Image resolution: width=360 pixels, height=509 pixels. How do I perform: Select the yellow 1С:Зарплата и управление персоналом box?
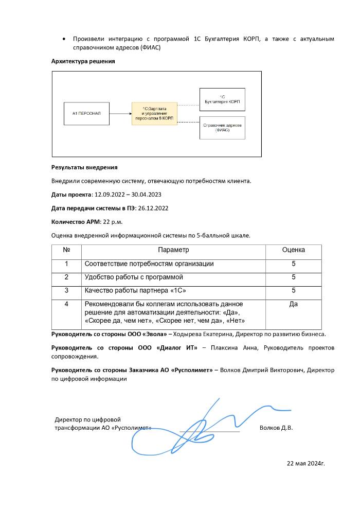[154, 114]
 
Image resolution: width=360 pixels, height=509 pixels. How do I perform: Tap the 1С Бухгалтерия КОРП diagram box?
[222, 99]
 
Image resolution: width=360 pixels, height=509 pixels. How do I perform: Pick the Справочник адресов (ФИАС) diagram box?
[222, 128]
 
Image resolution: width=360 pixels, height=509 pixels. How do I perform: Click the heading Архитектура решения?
[83, 61]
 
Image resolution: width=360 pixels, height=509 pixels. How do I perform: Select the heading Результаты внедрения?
[84, 167]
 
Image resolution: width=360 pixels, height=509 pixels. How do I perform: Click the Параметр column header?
[173, 250]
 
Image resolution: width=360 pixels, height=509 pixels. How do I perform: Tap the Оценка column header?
[293, 250]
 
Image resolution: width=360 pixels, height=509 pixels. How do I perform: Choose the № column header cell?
[66, 250]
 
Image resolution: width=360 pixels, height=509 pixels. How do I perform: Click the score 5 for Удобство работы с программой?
[293, 277]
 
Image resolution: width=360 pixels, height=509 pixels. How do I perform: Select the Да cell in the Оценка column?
[293, 304]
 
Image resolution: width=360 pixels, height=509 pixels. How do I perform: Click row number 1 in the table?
[66, 264]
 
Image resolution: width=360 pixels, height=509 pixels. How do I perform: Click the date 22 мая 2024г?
[305, 463]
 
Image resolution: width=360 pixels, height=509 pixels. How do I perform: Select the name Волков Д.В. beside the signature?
[276, 428]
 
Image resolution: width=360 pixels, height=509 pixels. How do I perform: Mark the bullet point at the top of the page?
[63, 39]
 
